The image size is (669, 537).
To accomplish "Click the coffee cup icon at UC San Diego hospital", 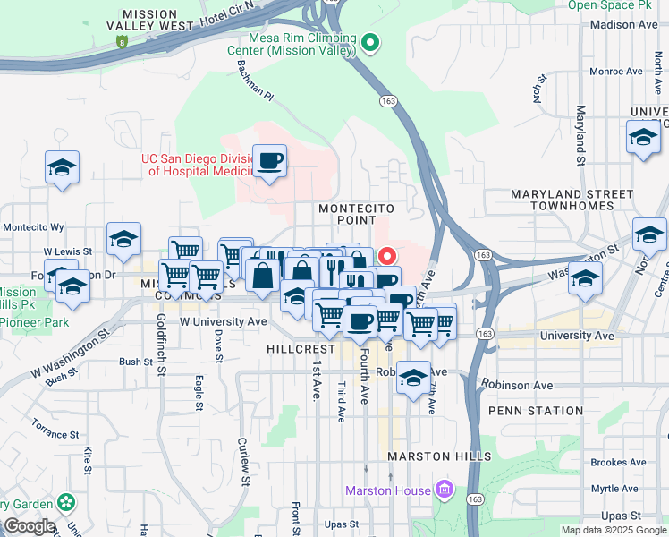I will (269, 161).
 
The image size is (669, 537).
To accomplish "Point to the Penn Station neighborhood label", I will (536, 411).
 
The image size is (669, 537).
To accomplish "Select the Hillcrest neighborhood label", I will (299, 347).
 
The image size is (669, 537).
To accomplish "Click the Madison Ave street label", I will (624, 25).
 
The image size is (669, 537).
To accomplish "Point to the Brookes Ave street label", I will (618, 463).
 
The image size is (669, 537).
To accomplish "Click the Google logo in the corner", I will (29, 526).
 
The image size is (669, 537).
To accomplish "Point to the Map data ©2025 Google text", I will (613, 530).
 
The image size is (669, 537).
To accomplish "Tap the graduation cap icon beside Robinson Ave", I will (413, 378).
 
